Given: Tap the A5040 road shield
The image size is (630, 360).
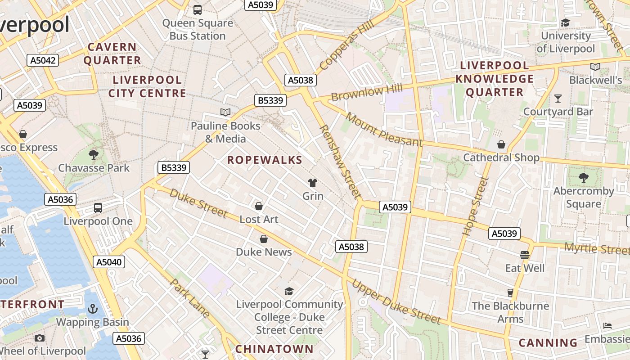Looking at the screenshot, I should pos(109,262).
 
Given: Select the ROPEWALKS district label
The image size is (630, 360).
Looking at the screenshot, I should pos(265,160).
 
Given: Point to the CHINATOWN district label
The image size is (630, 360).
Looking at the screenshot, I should pos(274,349).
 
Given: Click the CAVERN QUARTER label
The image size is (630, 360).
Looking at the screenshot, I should pos(112,54).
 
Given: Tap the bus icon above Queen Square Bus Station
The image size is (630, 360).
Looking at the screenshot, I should pos(197,9).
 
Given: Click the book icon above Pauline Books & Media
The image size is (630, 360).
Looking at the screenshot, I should pos(225,112).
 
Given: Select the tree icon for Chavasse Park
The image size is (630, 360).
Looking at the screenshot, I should pos(94,155).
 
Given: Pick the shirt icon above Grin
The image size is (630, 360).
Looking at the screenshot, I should pos(312,182).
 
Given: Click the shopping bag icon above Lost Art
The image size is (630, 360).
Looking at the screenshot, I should pos(259,206).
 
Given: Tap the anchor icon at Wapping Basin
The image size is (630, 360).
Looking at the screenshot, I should pos(92,309).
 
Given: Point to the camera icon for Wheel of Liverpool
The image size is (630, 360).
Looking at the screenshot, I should pos(40,338).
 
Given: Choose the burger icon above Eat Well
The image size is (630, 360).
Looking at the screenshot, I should pos(524,255).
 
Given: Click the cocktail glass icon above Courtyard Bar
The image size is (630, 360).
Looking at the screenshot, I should pos(558,98).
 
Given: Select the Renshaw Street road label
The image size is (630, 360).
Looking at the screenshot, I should pos(340,162).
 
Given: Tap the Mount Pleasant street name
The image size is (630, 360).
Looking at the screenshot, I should pos(384,130).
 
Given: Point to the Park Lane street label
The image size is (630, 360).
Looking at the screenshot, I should pos(191,298).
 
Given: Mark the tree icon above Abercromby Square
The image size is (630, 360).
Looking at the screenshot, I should pos(584,178).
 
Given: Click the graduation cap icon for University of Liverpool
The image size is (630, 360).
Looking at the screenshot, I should pos(565,22).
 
